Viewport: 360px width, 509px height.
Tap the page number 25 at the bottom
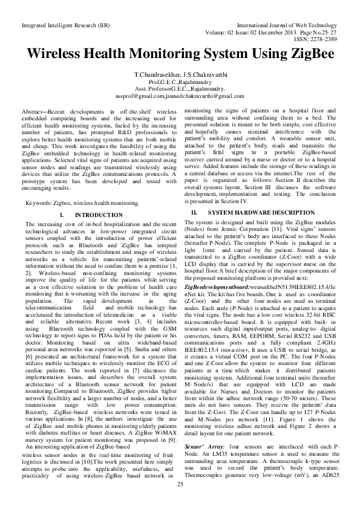(x=180, y=501)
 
